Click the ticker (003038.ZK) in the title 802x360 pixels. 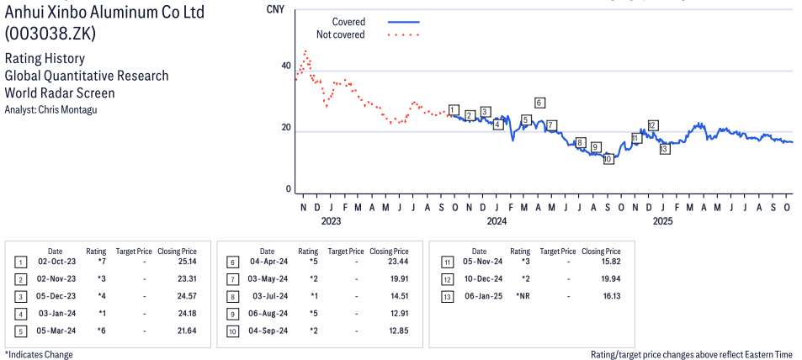tap(50, 34)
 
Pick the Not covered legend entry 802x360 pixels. tap(340, 34)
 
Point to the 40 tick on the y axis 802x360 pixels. tap(286, 66)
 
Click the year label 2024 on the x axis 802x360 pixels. tap(497, 221)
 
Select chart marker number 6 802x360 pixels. tap(539, 103)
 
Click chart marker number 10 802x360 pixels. tap(608, 158)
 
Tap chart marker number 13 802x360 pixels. tap(664, 149)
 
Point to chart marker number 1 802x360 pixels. tap(454, 110)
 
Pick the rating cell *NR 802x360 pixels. tap(521, 296)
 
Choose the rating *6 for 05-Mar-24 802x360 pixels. tap(101, 331)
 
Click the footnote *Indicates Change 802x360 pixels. tap(39, 354)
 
